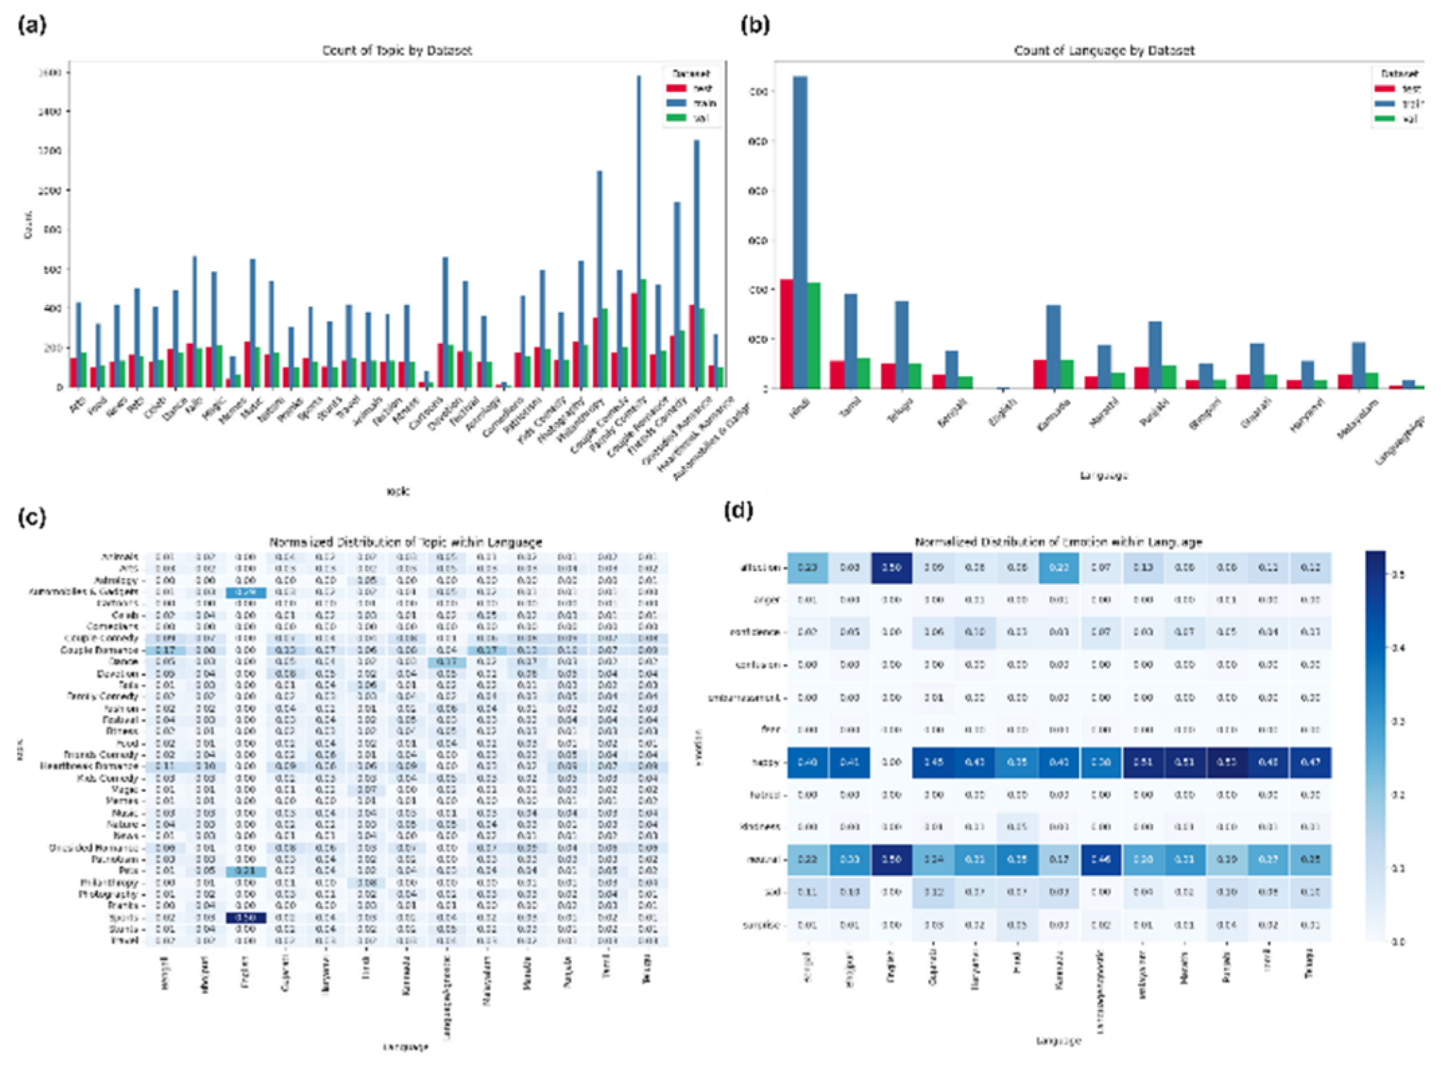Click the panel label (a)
tap(32, 26)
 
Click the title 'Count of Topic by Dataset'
tap(397, 50)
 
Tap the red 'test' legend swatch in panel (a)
tap(676, 88)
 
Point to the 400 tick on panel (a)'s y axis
tap(52, 309)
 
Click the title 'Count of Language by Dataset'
tap(1104, 50)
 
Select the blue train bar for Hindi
tap(800, 232)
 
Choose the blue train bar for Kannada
tap(1053, 346)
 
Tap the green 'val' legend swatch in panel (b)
tap(1384, 118)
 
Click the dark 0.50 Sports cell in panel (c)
tap(245, 918)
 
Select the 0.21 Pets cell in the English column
tap(245, 871)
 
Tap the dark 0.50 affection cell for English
tap(891, 567)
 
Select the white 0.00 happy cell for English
tap(891, 762)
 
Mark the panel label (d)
tap(738, 511)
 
